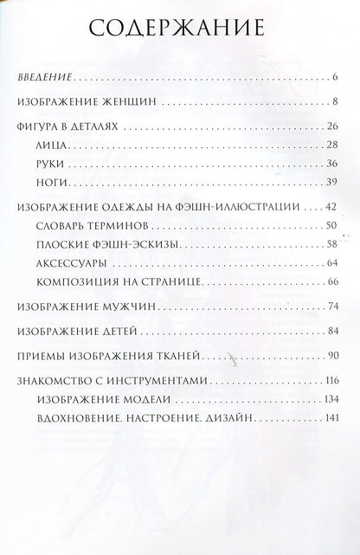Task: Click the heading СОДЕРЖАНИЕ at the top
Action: coord(179,32)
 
